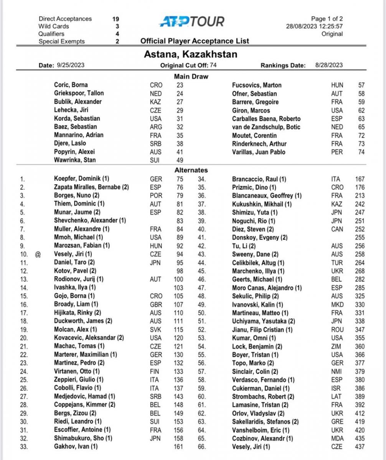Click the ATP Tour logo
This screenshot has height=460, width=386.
coord(191,21)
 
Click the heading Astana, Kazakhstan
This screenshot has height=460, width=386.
coord(190,54)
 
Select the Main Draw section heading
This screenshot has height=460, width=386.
coord(191,76)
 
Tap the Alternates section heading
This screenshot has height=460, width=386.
coord(191,170)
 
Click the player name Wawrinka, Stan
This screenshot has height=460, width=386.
coord(75,160)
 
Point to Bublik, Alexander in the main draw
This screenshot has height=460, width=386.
coord(78,102)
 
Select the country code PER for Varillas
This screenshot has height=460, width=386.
coord(337,152)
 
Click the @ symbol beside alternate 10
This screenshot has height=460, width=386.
coord(38,254)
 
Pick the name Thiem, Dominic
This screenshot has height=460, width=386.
coord(79,204)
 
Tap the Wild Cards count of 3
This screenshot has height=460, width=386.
coord(117,26)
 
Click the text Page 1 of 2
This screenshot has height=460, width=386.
coord(327,19)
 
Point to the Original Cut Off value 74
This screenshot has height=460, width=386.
coord(213,65)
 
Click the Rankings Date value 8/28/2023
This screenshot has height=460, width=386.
coord(329,65)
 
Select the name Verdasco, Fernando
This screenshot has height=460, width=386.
coord(263,380)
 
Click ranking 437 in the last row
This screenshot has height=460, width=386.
coord(360,447)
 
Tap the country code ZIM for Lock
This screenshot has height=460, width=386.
coord(337,347)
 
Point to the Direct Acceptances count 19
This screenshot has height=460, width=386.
coord(115,19)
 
